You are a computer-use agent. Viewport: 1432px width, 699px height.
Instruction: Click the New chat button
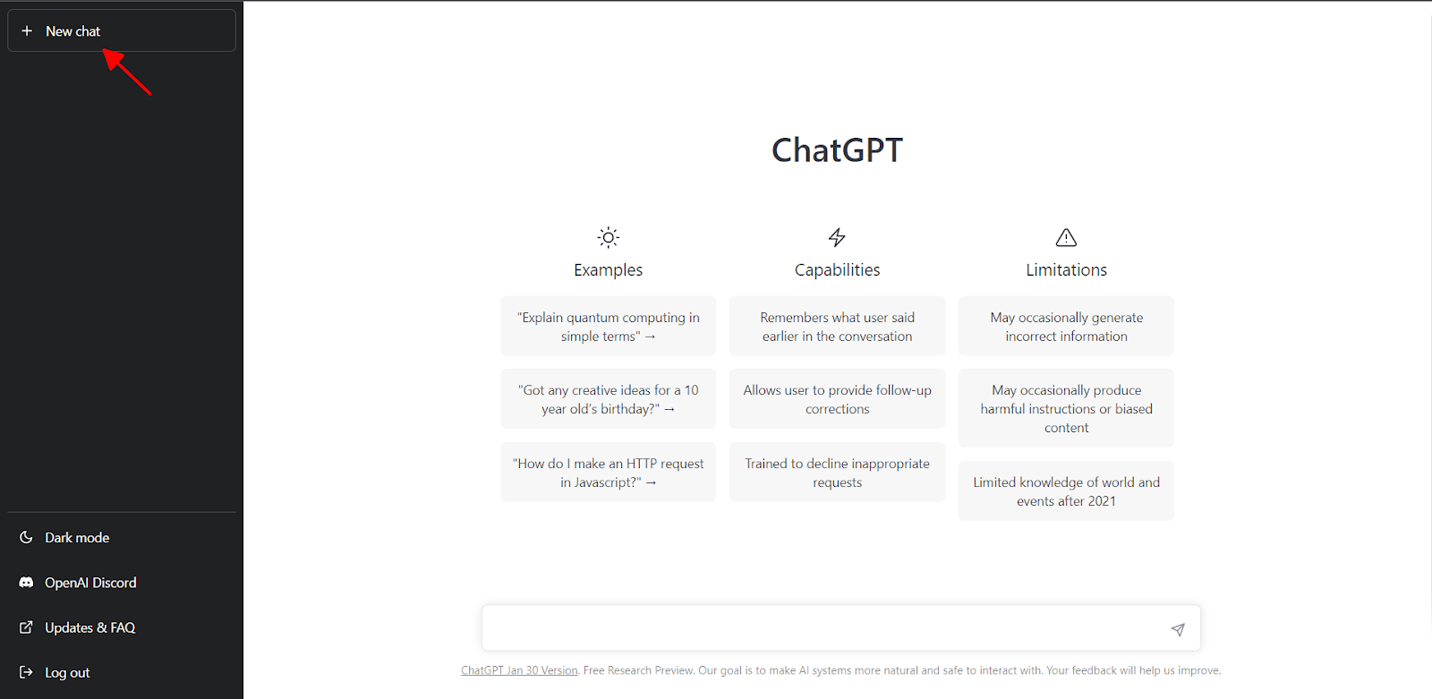pyautogui.click(x=122, y=30)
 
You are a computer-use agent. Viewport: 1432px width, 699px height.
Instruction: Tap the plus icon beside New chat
pyautogui.click(x=27, y=30)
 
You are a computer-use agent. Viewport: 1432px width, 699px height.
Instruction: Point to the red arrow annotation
pyautogui.click(x=126, y=72)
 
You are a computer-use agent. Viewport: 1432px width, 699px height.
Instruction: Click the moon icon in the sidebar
pyautogui.click(x=26, y=537)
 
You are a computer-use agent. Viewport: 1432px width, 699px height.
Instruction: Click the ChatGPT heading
pyautogui.click(x=837, y=150)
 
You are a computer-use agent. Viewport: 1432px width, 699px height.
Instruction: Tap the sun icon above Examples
pyautogui.click(x=608, y=238)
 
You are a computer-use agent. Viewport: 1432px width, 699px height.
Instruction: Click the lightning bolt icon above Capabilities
pyautogui.click(x=837, y=237)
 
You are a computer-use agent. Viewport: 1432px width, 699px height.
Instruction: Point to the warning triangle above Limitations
pyautogui.click(x=1066, y=237)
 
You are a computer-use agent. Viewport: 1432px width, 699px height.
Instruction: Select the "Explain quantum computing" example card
pyautogui.click(x=608, y=326)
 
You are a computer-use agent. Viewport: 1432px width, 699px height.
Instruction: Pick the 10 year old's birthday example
pyautogui.click(x=608, y=399)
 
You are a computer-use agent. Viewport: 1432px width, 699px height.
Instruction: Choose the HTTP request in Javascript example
pyautogui.click(x=608, y=472)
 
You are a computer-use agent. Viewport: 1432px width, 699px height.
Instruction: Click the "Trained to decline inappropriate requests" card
pyautogui.click(x=837, y=472)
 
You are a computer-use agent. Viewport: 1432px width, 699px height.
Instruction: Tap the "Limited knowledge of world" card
pyautogui.click(x=1066, y=491)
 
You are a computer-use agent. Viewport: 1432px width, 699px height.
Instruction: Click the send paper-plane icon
pyautogui.click(x=1178, y=629)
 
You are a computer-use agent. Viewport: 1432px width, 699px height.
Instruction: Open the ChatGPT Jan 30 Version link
pyautogui.click(x=519, y=670)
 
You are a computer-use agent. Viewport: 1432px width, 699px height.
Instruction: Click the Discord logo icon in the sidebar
pyautogui.click(x=26, y=583)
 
